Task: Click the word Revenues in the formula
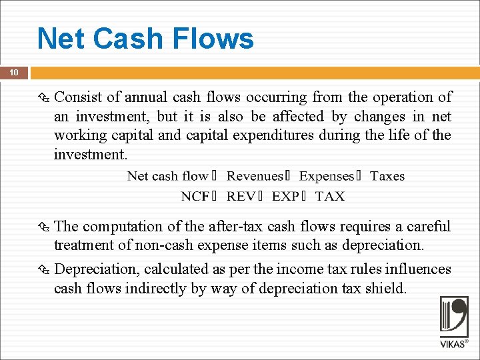coord(255,176)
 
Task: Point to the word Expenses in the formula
coord(327,176)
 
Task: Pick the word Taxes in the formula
coord(387,176)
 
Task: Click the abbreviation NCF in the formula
coord(195,196)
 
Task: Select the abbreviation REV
coord(241,196)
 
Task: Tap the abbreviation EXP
coord(286,196)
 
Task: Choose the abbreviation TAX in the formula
coord(330,196)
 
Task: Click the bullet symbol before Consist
coord(45,98)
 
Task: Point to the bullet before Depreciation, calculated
coord(45,269)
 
